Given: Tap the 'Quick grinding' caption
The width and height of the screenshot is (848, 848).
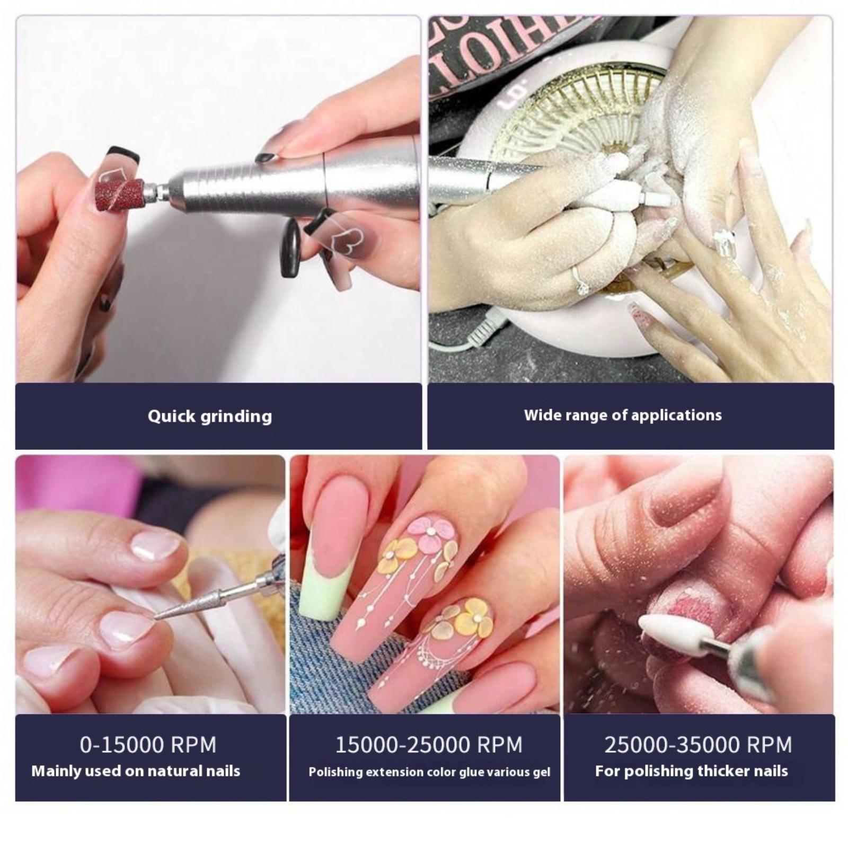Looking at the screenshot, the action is [210, 416].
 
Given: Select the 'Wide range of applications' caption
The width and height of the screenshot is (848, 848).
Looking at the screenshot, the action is [623, 415].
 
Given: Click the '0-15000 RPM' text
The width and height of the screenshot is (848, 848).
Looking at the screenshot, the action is [148, 745].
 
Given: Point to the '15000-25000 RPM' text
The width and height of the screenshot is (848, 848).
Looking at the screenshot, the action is [429, 745].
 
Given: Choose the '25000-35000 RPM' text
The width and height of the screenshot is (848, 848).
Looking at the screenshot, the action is [698, 745].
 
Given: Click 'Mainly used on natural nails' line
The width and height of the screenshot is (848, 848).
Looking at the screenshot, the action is [136, 771].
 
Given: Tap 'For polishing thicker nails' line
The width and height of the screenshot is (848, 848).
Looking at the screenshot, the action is [692, 771].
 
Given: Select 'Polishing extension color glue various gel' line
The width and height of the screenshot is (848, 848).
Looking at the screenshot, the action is [429, 772].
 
